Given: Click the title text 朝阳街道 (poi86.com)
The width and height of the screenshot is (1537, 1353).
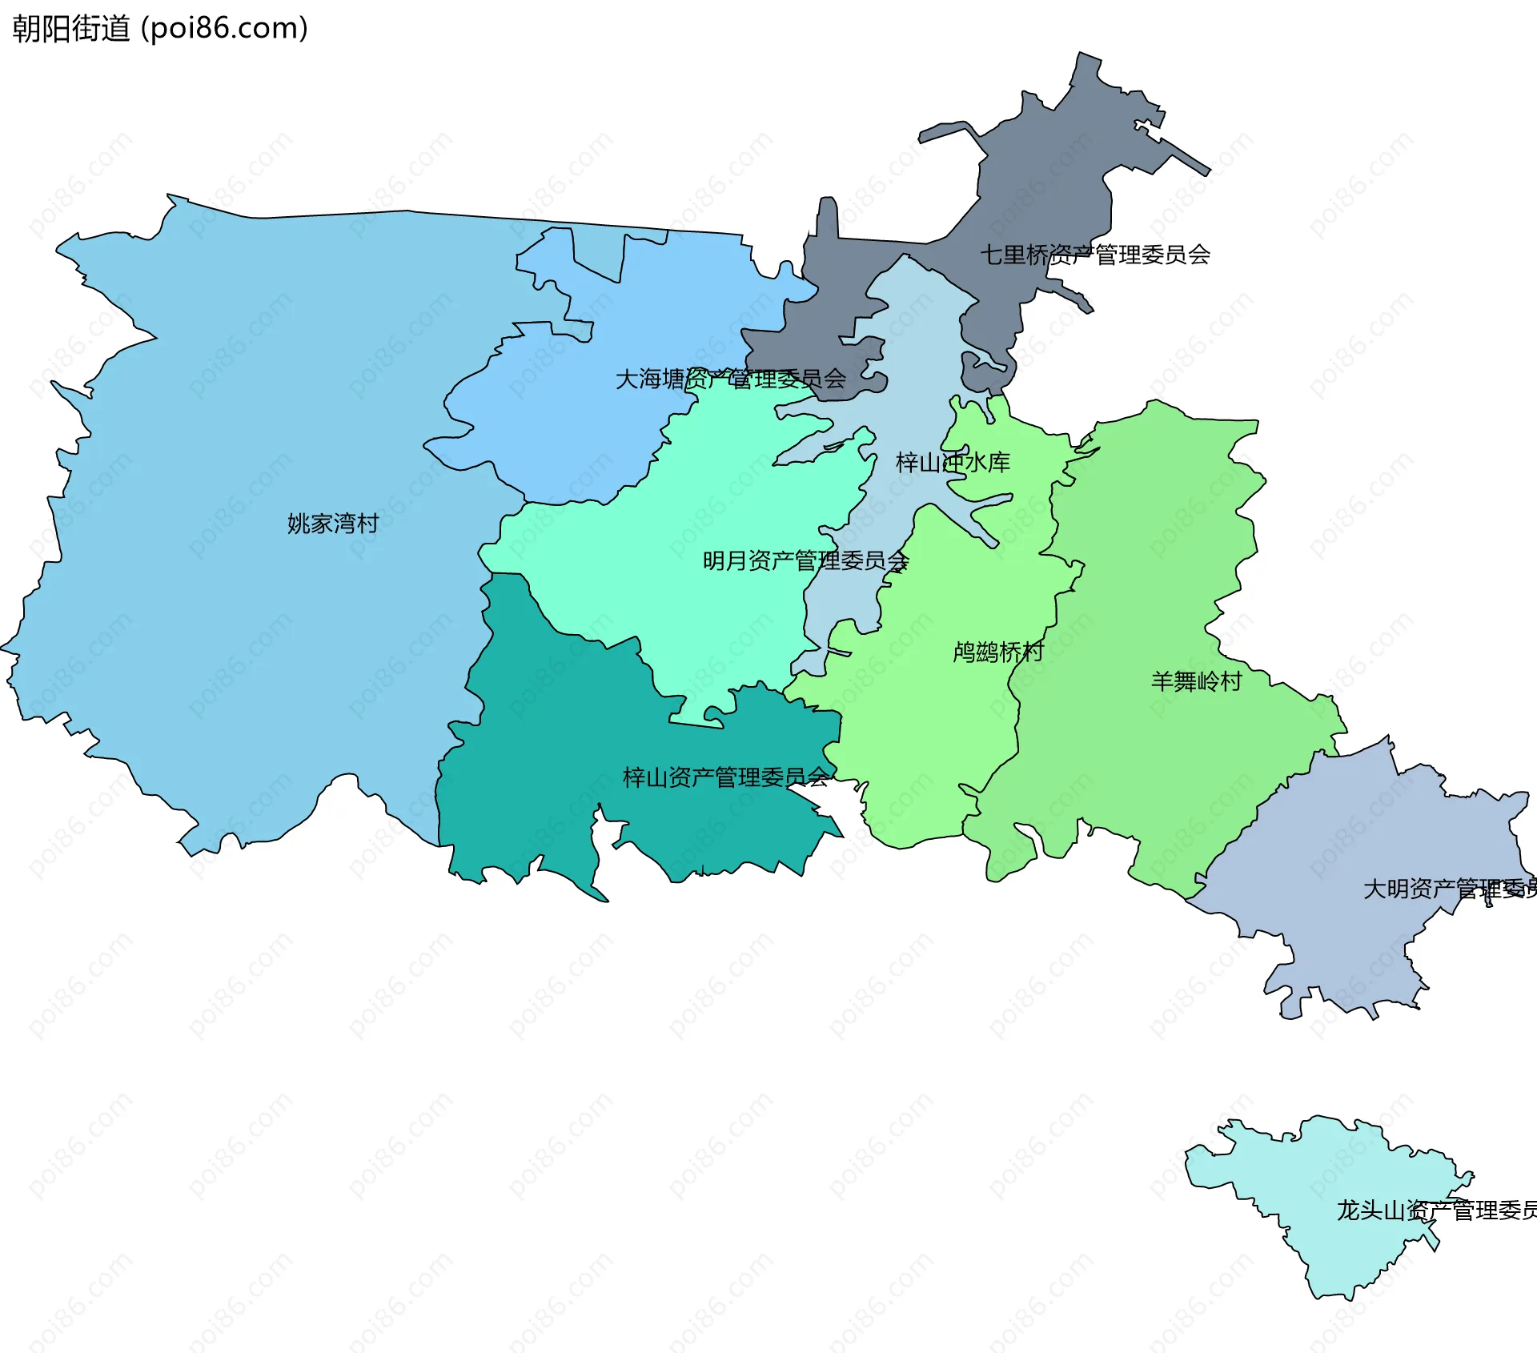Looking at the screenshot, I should (x=160, y=28).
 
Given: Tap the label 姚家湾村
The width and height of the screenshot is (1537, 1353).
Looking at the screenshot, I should (x=332, y=524).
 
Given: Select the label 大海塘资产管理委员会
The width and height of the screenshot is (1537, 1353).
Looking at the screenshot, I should (x=730, y=379).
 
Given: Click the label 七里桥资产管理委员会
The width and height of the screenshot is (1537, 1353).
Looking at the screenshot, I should (x=1094, y=255).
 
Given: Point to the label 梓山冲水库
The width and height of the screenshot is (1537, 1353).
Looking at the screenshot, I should (x=953, y=462).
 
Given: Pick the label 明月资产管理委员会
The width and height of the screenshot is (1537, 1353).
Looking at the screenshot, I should (x=805, y=560).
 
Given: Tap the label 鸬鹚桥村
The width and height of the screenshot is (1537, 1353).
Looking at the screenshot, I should (x=998, y=652).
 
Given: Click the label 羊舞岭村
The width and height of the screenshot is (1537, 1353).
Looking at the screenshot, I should (x=1196, y=681).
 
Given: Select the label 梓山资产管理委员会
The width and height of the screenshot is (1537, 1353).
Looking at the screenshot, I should (x=725, y=777).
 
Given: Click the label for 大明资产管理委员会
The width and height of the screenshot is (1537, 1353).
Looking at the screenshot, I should (x=1449, y=889).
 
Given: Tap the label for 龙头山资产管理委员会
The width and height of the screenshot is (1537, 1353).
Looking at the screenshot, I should (x=1436, y=1210).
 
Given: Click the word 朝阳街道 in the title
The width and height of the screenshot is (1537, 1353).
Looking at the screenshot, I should (x=70, y=28).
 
